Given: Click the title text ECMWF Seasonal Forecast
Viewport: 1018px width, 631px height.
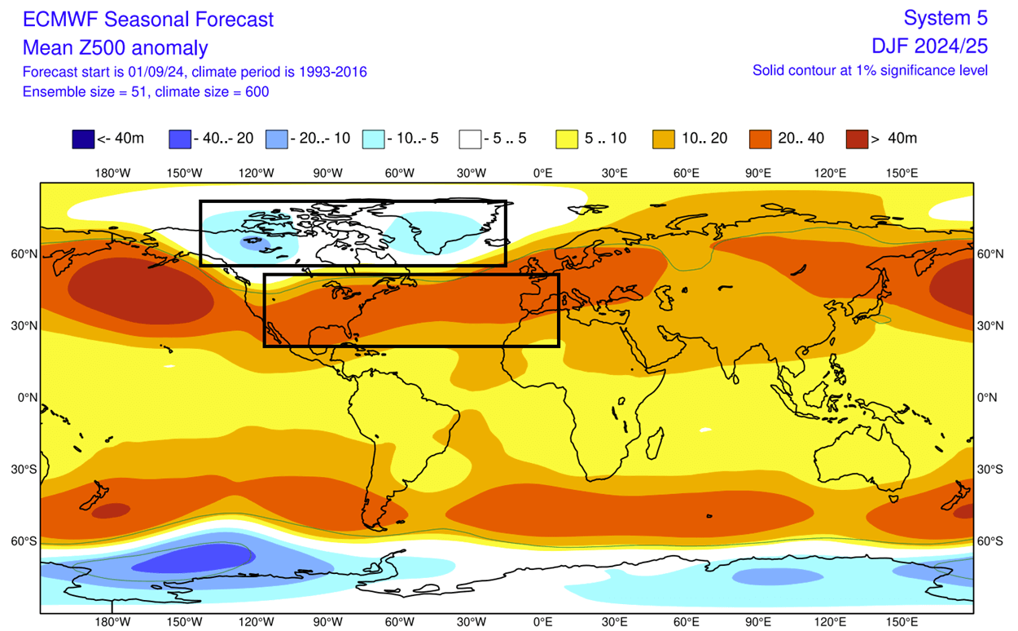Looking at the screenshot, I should [148, 20].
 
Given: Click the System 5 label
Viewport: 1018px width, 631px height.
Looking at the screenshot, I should [946, 18].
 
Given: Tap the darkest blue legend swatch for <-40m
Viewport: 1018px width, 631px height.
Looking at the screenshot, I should [82, 139].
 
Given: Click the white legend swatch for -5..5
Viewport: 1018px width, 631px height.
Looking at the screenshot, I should [470, 139].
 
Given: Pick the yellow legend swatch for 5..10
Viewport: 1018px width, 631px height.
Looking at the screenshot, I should [567, 139].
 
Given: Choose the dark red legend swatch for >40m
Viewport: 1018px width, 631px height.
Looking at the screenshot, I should [857, 139].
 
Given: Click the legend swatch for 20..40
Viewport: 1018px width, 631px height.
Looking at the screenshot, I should [761, 139].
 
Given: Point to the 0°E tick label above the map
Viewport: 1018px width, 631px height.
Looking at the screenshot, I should [543, 173].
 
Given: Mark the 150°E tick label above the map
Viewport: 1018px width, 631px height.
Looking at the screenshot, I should [902, 173].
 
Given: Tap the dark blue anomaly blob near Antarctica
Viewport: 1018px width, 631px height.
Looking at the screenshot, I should [200, 560].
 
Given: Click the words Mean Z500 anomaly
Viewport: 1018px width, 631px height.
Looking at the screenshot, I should [115, 47].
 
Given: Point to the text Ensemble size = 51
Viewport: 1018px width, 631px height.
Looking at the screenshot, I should [81, 91].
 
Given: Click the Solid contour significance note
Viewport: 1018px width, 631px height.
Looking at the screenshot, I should [870, 71].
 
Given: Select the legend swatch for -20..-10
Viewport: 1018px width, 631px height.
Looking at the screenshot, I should [276, 139].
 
